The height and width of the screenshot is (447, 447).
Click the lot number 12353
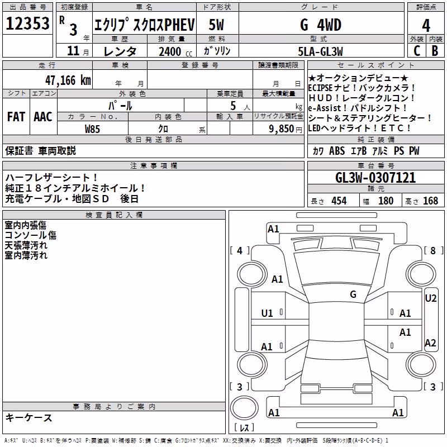tap(27, 23)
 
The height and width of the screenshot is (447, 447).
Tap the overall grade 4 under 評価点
tap(426, 26)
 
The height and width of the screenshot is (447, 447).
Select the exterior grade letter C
tap(417, 51)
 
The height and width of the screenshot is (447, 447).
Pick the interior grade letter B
tap(435, 51)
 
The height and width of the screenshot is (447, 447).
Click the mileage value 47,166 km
tap(68, 80)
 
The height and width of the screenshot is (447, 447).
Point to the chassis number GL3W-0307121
tap(375, 178)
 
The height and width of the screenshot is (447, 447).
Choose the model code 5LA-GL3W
tap(320, 51)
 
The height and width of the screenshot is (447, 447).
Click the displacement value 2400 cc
tap(175, 51)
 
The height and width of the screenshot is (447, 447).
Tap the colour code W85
tap(92, 129)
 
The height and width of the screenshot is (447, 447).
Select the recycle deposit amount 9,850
tap(282, 129)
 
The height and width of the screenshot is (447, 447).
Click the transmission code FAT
tap(16, 117)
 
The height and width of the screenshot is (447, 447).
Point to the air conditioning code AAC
tap(43, 117)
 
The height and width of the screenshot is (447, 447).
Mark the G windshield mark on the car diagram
tap(353, 294)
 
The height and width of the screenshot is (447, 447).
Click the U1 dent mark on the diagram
tap(267, 313)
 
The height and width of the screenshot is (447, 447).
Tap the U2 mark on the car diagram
tap(430, 298)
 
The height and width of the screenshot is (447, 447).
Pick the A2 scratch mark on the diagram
tap(430, 343)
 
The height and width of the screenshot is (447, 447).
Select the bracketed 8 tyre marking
tap(433, 250)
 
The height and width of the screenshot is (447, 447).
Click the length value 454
tap(339, 201)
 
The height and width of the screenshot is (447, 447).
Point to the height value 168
tap(430, 201)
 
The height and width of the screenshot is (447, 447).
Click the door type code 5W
tap(216, 25)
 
